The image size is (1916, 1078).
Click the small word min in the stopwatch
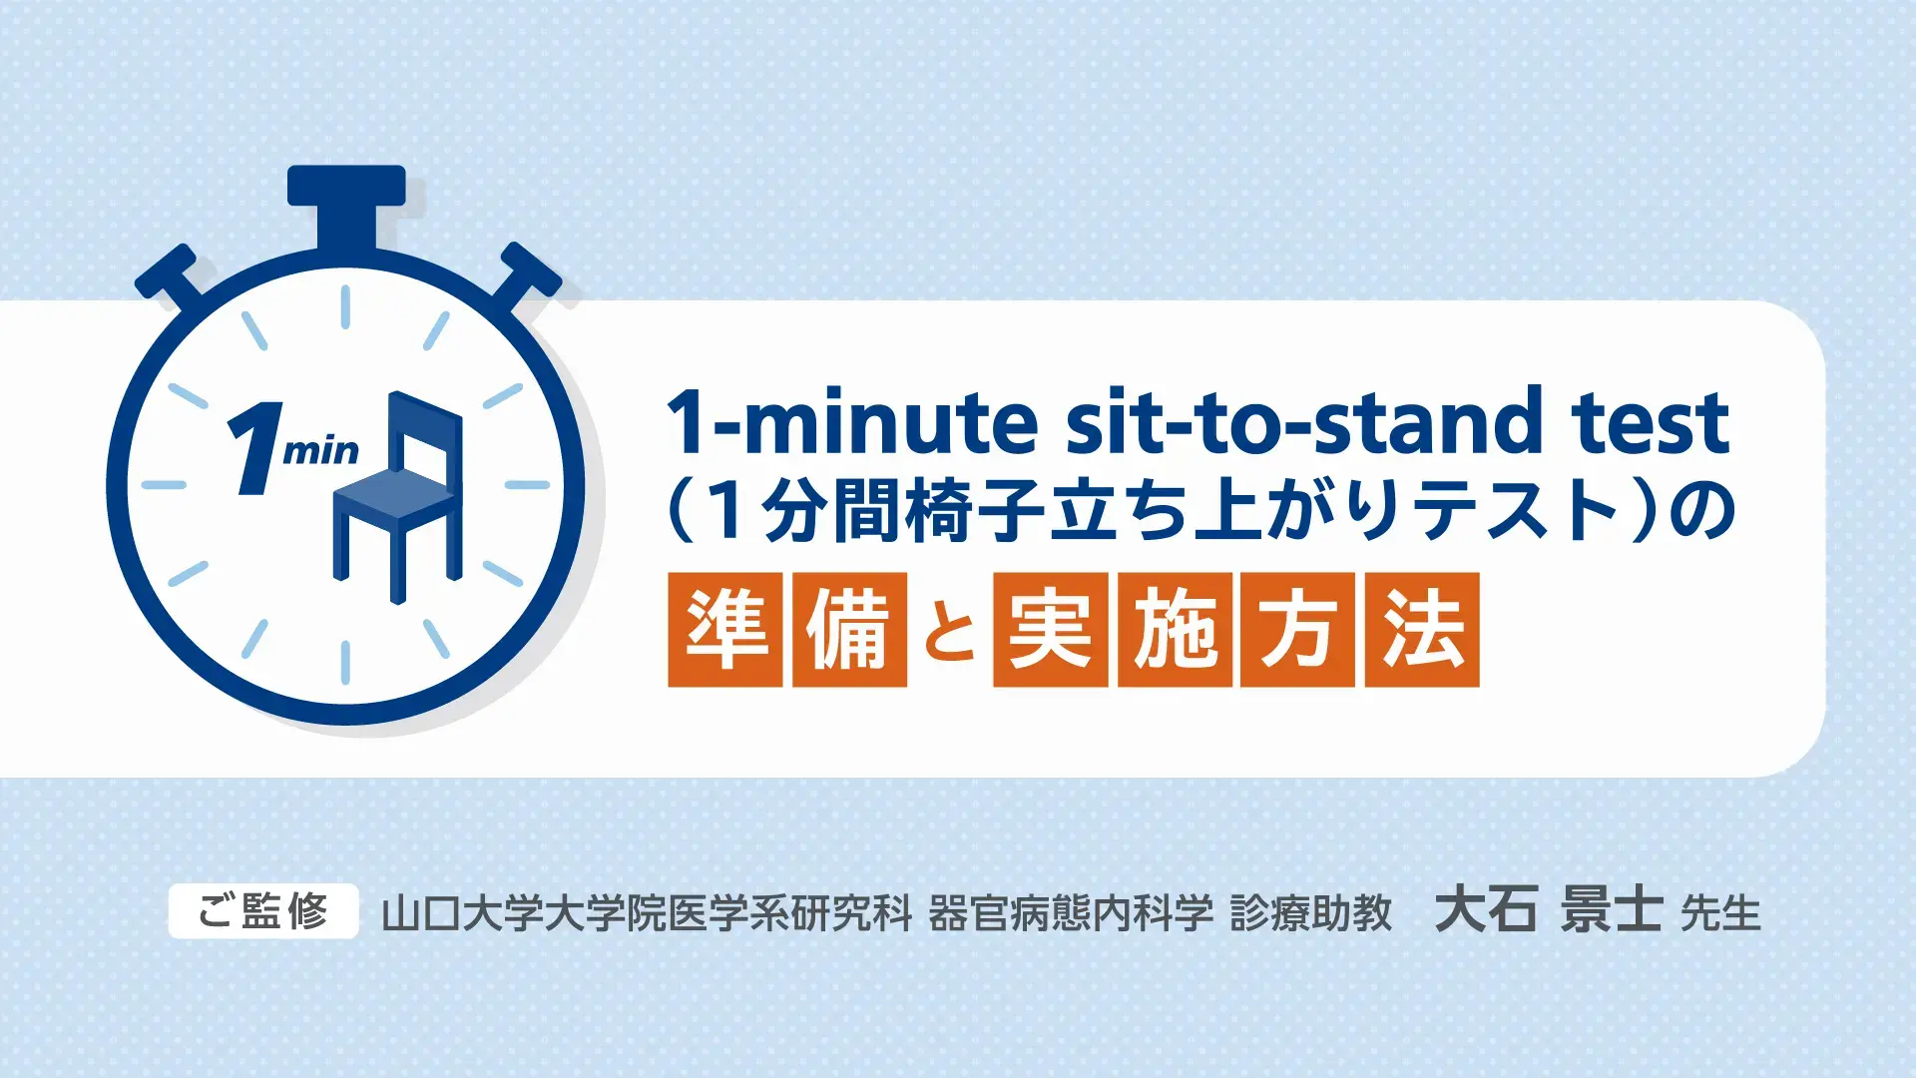[320, 452]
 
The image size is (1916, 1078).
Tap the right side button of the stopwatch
[525, 274]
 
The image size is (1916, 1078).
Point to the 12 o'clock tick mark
[345, 307]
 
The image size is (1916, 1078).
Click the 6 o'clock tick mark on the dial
[345, 662]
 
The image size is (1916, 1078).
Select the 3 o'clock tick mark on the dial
[527, 485]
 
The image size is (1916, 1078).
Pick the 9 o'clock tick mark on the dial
[164, 485]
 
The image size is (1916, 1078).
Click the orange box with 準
[725, 630]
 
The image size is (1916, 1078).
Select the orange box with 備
[849, 630]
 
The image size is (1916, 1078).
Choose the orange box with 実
[1050, 630]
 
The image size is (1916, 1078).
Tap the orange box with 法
[1422, 630]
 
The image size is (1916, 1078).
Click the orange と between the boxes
[949, 633]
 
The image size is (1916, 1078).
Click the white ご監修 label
[263, 911]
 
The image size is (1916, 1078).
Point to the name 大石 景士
[1548, 909]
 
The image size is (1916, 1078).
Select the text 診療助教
[1310, 912]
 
